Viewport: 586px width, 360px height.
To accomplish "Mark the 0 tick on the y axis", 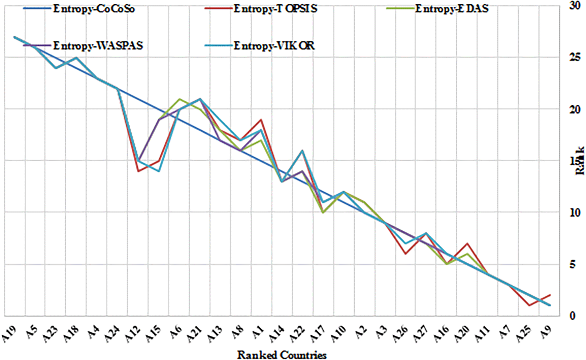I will point(572,316).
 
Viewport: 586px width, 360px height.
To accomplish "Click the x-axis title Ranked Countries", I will point(282,355).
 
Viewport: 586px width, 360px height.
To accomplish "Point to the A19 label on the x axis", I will point(11,333).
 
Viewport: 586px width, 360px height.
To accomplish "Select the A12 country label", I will point(133,333).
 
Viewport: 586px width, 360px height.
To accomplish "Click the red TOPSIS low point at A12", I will point(138,171).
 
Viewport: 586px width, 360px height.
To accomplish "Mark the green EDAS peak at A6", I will point(180,99).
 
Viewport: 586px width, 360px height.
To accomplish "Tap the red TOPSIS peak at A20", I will point(467,243).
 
